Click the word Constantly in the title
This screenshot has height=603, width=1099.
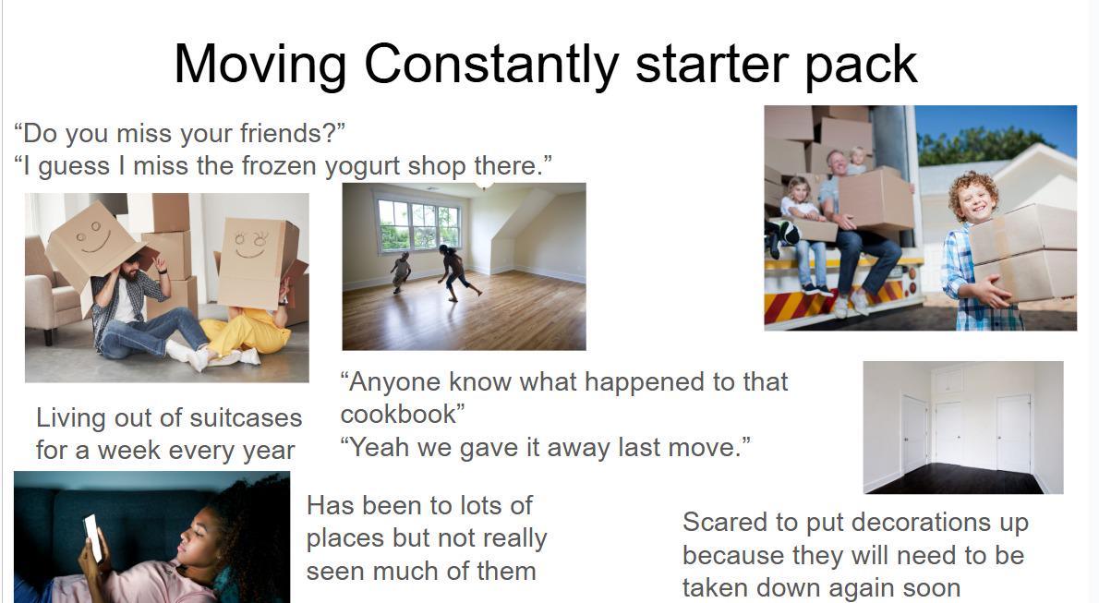pos(491,64)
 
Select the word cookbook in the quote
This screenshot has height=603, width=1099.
pos(399,414)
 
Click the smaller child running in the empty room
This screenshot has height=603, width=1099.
pos(400,272)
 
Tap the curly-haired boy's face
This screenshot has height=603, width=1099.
pos(976,200)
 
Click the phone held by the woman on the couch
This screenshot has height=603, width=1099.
pos(93,537)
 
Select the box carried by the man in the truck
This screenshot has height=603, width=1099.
pos(876,199)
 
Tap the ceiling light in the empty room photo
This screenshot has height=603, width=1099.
pos(483,186)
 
